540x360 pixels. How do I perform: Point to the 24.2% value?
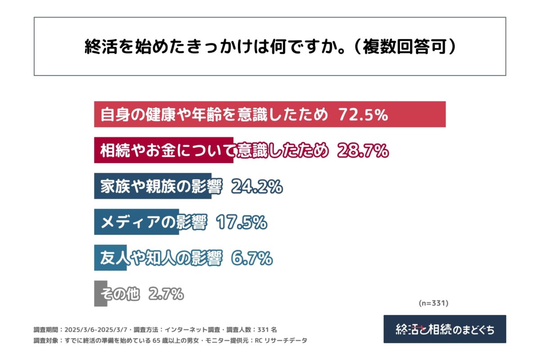256,186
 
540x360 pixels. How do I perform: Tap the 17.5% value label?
242,222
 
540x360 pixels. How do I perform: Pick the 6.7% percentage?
252,258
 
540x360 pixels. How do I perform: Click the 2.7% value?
166,294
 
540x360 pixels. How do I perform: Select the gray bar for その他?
100,294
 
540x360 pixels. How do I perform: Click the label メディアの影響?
153,222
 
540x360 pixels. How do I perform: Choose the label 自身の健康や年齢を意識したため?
214,115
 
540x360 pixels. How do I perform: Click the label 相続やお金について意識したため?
214,151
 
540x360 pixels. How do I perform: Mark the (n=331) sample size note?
433,303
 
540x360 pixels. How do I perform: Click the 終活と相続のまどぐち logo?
445,329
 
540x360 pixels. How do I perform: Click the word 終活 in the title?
96,47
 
